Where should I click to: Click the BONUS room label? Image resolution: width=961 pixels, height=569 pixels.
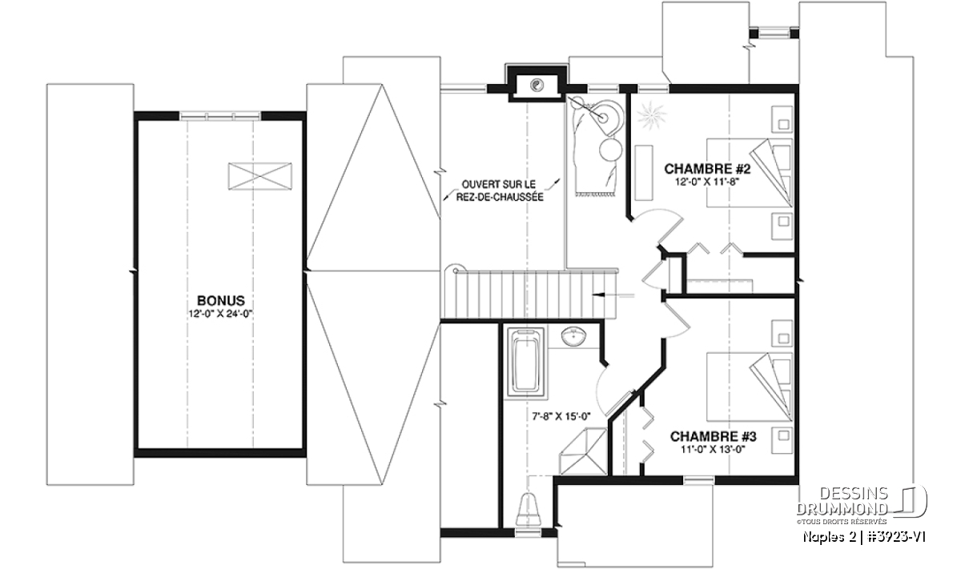[x=220, y=300]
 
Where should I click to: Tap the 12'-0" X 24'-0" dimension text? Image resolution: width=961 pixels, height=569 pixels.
[x=220, y=314]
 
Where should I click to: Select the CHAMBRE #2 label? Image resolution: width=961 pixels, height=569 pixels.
[x=707, y=169]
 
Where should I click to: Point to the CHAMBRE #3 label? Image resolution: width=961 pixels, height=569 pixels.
[x=713, y=436]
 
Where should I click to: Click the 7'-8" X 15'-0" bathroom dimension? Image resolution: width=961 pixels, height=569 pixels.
[x=561, y=416]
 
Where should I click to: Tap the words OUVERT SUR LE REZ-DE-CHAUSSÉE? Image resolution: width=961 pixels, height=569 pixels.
[x=500, y=190]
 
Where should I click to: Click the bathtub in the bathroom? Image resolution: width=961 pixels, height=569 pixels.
[x=526, y=364]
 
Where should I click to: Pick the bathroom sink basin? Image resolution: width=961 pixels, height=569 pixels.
[x=574, y=337]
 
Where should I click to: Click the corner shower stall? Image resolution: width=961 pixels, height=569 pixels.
[x=584, y=451]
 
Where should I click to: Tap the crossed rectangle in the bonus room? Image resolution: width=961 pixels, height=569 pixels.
[x=259, y=176]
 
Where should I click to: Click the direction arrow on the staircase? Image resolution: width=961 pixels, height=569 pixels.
[x=613, y=295]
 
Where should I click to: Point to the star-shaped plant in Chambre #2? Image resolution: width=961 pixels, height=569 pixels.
[x=651, y=114]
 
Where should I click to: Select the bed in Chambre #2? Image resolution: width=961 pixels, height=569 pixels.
[x=749, y=172]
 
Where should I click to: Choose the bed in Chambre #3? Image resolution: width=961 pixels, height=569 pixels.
[x=749, y=387]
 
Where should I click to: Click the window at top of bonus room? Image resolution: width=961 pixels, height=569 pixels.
[x=220, y=115]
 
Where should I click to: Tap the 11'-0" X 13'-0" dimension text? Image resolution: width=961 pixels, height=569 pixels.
[x=713, y=450]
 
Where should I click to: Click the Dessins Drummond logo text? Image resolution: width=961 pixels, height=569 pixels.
[x=842, y=501]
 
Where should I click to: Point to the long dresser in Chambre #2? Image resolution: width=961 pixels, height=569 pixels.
[x=644, y=172]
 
